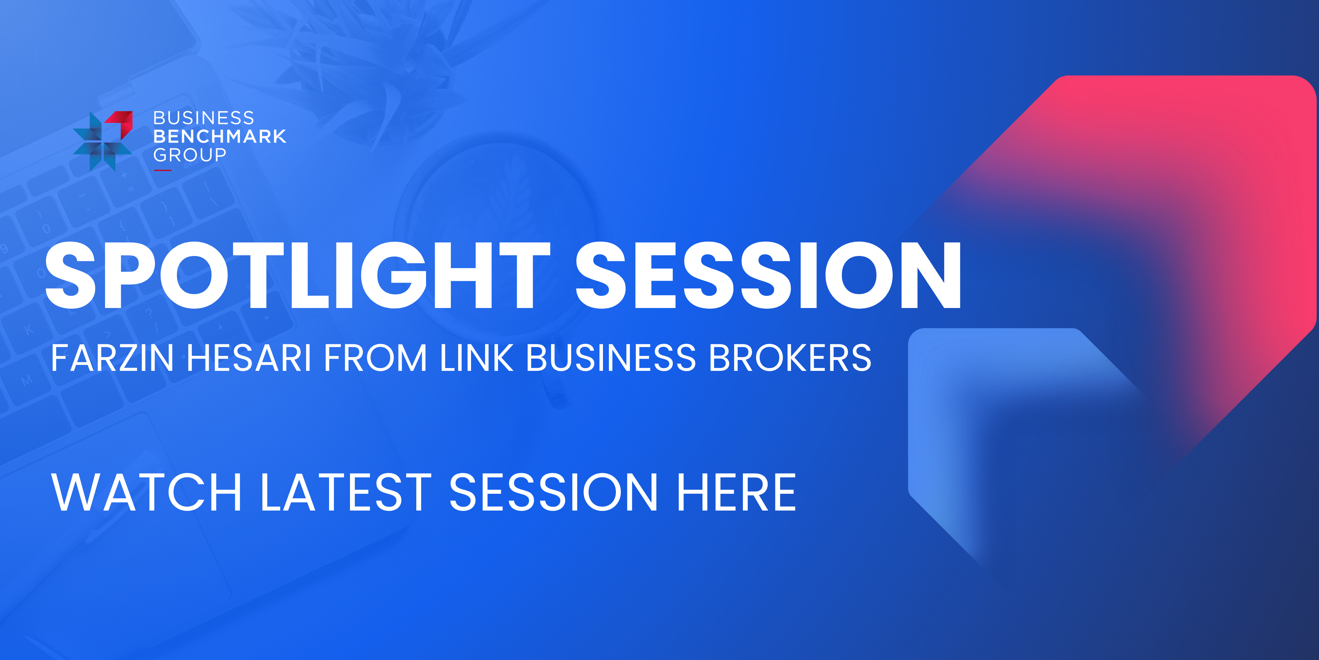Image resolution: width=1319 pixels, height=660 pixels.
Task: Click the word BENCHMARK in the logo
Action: point(220,136)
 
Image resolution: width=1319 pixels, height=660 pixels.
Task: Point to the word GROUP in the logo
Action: point(190,155)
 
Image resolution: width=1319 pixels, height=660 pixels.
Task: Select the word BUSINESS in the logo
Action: point(204,118)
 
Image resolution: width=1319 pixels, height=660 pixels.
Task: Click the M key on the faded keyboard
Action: point(27,380)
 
